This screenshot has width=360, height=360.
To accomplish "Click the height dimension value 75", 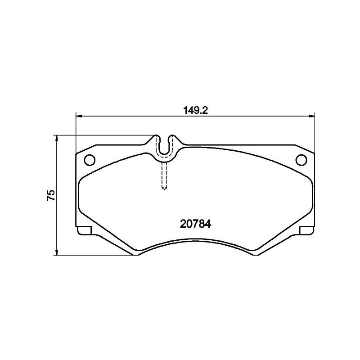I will pos(51,195).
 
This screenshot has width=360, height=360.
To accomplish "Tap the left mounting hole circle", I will pos(90,159).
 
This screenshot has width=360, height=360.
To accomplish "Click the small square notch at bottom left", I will pos(84,231).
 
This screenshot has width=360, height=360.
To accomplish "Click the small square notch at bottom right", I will pos(306,231).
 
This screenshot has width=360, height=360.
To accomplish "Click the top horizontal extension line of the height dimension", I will pos(103,135).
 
